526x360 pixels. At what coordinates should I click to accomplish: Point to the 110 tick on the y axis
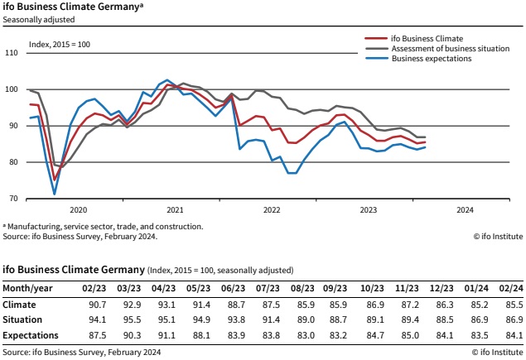(x=12, y=53)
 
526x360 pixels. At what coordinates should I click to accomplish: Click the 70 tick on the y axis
(x=14, y=199)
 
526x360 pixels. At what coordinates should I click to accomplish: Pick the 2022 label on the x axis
(x=272, y=210)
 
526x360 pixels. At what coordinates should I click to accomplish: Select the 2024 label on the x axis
(x=465, y=210)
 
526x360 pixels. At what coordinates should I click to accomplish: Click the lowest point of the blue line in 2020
(x=55, y=194)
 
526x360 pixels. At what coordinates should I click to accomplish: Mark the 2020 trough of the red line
(x=55, y=180)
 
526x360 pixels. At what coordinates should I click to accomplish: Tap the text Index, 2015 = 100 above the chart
(x=60, y=45)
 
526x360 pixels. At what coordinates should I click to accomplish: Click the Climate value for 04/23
(x=166, y=305)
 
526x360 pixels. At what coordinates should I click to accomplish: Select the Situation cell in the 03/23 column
(x=133, y=319)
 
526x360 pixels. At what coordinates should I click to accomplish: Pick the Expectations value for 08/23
(x=306, y=335)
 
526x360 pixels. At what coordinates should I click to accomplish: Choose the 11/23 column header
(x=407, y=288)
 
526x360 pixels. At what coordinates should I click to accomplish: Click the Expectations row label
(x=31, y=335)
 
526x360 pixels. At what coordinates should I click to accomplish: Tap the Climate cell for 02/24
(x=514, y=305)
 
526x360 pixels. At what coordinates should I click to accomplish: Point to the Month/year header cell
(x=27, y=288)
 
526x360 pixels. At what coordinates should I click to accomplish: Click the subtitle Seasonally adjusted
(x=39, y=20)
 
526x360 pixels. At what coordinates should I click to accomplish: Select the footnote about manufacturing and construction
(x=103, y=227)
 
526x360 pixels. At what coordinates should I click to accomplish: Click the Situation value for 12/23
(x=445, y=319)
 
